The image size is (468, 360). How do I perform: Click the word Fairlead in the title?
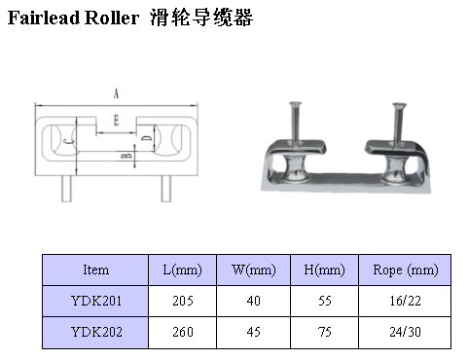click(44, 18)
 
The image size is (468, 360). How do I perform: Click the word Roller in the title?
click(112, 18)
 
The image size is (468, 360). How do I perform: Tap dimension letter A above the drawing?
click(116, 93)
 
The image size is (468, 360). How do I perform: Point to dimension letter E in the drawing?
click(116, 121)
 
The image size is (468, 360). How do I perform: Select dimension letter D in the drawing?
click(147, 138)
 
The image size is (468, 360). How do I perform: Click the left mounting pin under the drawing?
click(66, 189)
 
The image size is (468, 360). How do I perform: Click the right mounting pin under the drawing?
click(166, 189)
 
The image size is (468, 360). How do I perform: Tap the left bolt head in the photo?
click(295, 104)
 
